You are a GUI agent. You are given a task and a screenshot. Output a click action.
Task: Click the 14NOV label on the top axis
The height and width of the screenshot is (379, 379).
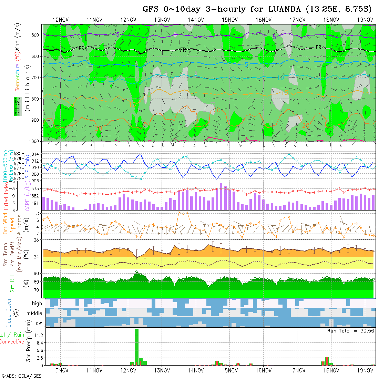coord(196,20)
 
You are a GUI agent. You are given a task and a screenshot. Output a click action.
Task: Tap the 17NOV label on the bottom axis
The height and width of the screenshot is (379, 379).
coord(297,370)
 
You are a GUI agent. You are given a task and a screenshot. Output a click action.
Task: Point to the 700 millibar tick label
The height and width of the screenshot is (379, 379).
coord(36,78)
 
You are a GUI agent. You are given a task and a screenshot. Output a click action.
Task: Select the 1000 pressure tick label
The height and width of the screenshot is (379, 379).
coord(35,141)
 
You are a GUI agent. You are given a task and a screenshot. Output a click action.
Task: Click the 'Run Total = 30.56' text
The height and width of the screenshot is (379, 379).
coord(350,331)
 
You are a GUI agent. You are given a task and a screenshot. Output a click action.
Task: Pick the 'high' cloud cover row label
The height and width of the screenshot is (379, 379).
coord(37,304)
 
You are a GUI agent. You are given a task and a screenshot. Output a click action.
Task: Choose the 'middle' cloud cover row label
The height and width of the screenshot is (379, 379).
coord(34,313)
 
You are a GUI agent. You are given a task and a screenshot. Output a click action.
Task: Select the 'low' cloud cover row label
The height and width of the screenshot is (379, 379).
coord(38,323)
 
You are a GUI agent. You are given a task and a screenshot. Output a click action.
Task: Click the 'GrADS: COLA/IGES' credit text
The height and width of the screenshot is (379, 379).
coord(21,376)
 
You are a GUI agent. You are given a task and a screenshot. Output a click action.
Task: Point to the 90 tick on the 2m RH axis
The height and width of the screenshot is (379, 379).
coord(36,273)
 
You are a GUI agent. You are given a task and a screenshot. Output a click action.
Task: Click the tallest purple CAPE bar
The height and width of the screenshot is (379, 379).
coord(221,196)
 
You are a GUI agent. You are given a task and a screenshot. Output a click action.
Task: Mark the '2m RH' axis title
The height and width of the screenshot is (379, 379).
coord(13,283)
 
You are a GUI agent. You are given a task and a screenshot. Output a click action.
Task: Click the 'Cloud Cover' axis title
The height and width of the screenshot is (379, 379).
coord(9,313)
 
